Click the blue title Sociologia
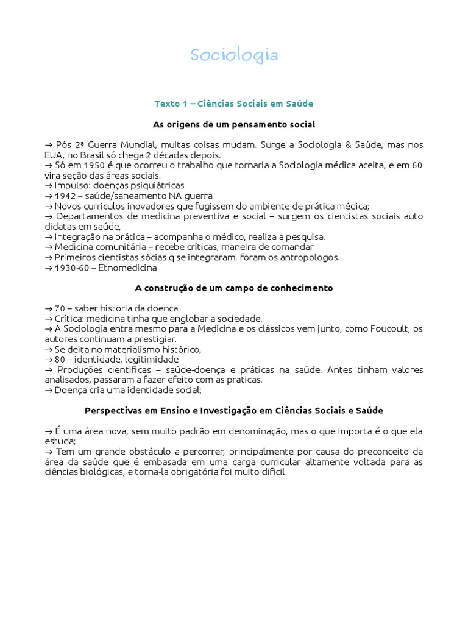[234, 56]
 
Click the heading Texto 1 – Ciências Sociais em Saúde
[234, 104]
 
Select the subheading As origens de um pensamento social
[234, 124]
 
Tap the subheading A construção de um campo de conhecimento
[234, 288]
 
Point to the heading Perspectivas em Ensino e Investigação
[234, 411]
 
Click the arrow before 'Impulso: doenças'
[49, 185]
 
